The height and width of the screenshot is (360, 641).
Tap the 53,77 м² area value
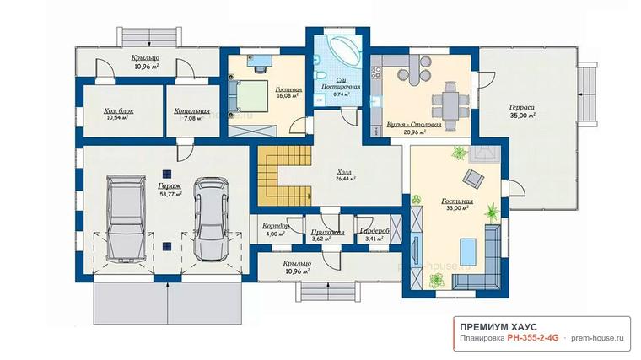(171, 194)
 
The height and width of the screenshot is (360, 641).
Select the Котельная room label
(191, 111)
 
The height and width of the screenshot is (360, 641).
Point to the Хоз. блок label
(119, 111)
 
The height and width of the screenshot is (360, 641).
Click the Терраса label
(521, 107)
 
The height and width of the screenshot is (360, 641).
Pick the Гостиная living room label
(457, 201)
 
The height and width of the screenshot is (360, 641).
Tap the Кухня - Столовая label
(414, 125)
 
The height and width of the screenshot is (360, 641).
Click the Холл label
(344, 173)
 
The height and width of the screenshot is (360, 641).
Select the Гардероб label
(374, 231)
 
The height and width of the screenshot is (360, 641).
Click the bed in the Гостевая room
(248, 96)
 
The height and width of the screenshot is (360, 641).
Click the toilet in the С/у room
(320, 76)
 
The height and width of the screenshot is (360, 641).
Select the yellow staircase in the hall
(284, 176)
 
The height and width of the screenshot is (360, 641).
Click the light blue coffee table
(468, 252)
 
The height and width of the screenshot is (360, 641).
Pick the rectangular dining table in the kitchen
(451, 105)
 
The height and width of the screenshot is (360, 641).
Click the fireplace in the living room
(484, 154)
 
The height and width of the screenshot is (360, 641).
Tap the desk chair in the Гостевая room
(259, 67)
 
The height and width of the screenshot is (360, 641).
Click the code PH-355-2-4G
(533, 338)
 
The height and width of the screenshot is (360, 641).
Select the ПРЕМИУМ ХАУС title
(498, 327)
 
